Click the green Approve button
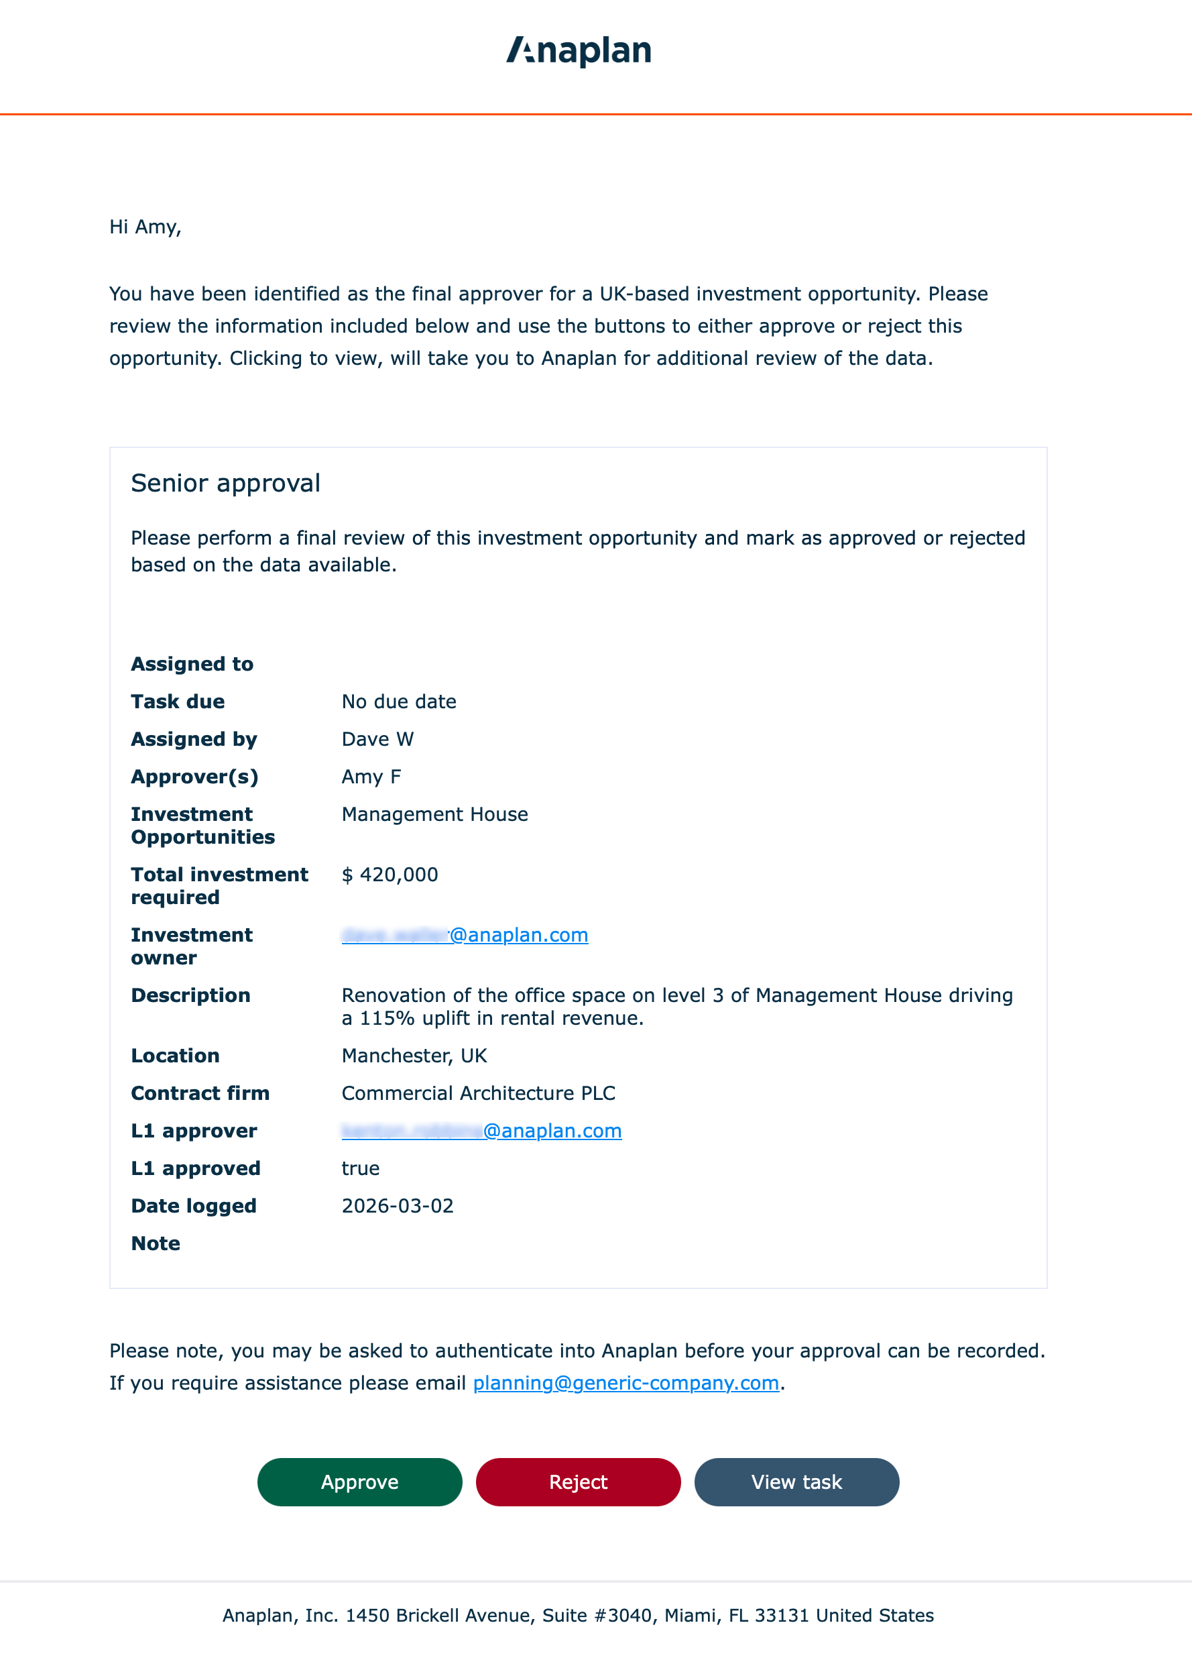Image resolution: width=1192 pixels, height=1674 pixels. click(x=359, y=1482)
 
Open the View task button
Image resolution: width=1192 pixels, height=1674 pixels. click(x=796, y=1482)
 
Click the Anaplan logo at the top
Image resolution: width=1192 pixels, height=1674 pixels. click(x=579, y=52)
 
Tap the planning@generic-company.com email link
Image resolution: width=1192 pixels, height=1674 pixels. click(x=625, y=1382)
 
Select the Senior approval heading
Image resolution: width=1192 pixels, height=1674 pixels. click(x=225, y=483)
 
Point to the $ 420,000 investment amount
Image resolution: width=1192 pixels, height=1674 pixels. click(x=390, y=875)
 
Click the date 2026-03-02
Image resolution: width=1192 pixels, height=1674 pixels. click(x=397, y=1206)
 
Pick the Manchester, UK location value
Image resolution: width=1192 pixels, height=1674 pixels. click(x=414, y=1055)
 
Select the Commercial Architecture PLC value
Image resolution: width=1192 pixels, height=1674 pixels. click(x=478, y=1093)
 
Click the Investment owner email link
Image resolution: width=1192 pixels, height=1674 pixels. click(x=465, y=935)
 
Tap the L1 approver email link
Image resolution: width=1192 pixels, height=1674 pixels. click(x=481, y=1131)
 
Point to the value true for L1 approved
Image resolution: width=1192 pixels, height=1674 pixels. click(x=361, y=1168)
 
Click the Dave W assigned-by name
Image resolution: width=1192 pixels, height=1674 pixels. click(x=377, y=738)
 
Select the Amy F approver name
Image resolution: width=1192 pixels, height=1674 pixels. click(x=371, y=776)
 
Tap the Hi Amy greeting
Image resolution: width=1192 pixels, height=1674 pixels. click(x=145, y=227)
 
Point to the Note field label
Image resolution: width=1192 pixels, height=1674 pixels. click(x=156, y=1243)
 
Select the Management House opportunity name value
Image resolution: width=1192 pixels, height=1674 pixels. click(x=434, y=814)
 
